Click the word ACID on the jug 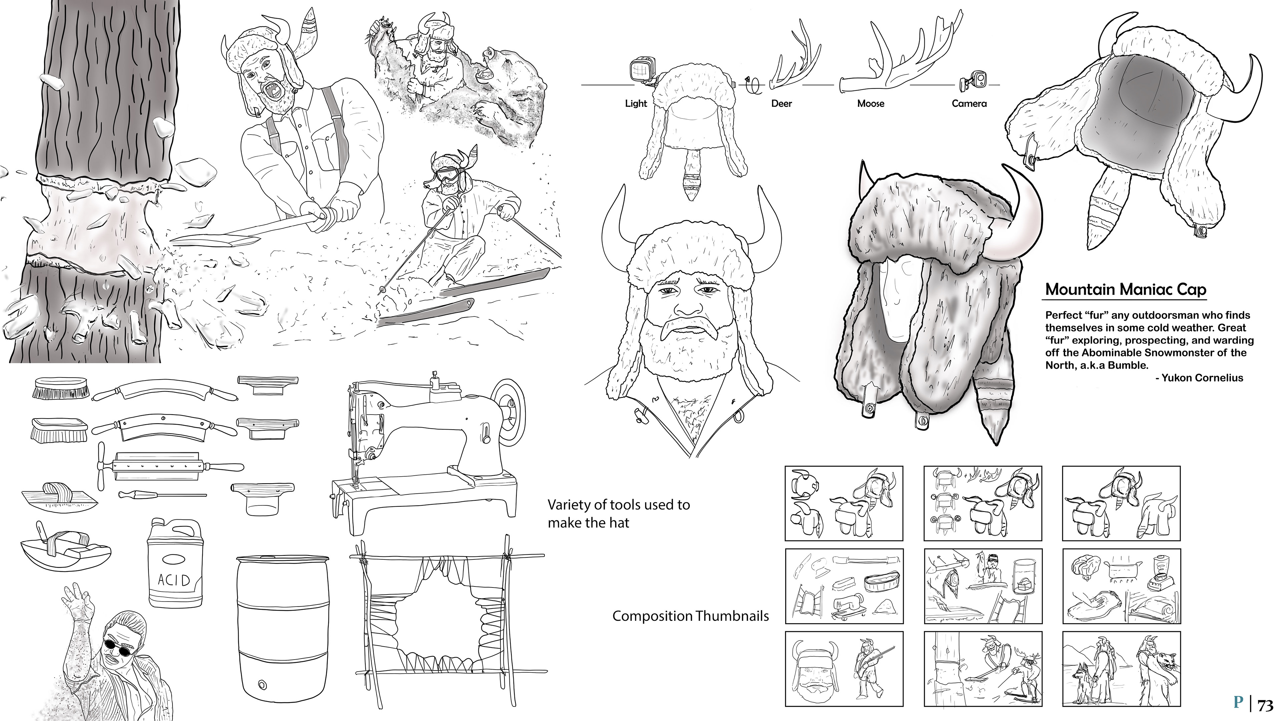(x=174, y=580)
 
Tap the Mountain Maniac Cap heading (x=1125, y=289)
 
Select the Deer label (x=781, y=103)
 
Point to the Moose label (x=871, y=103)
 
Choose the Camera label (x=969, y=103)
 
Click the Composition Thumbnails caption (x=690, y=616)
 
